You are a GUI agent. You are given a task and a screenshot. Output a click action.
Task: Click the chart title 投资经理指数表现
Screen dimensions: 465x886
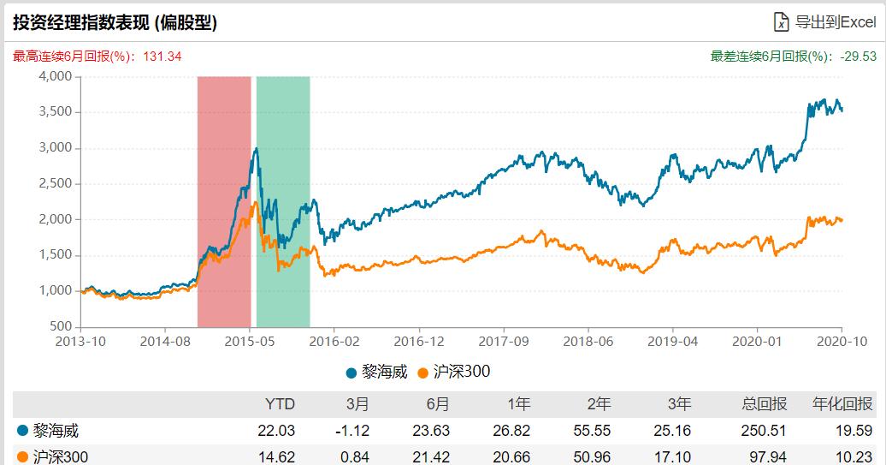[x=115, y=22]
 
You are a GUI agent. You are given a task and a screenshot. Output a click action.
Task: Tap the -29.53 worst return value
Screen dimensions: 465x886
[x=859, y=57]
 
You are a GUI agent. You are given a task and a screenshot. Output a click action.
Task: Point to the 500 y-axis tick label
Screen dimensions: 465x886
[x=60, y=327]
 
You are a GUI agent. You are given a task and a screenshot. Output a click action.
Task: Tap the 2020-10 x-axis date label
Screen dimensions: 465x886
[x=842, y=341]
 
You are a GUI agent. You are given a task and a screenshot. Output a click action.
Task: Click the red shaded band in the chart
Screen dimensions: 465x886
[x=224, y=201]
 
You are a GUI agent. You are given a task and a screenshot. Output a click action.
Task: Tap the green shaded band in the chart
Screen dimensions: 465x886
[x=283, y=201]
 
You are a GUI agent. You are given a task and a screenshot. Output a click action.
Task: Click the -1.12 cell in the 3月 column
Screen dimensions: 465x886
[x=354, y=430]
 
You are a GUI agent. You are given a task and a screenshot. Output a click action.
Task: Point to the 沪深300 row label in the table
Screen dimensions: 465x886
[x=60, y=456]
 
